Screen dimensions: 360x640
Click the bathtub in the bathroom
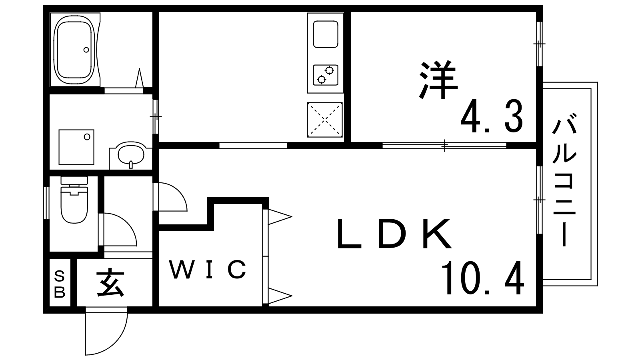(x=75, y=50)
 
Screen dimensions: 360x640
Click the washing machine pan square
(x=76, y=147)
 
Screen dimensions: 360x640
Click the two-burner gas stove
(x=325, y=75)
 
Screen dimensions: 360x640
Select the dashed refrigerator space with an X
(x=325, y=120)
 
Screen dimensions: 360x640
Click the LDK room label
(x=394, y=234)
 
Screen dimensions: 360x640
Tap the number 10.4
(x=482, y=278)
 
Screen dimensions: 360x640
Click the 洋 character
(x=438, y=80)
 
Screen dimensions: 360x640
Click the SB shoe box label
(x=60, y=284)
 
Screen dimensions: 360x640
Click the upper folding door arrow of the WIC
(x=279, y=217)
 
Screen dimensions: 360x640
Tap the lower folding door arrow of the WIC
(x=279, y=296)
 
